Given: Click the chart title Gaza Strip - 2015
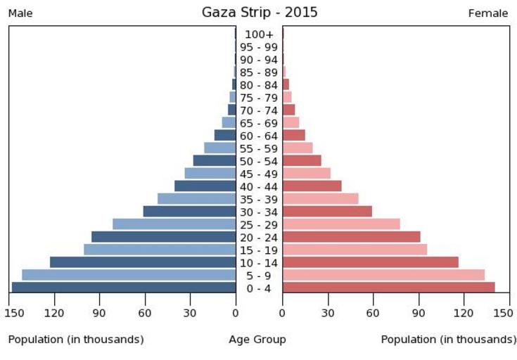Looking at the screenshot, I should (x=260, y=12).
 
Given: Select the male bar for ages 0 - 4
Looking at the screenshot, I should (x=124, y=288).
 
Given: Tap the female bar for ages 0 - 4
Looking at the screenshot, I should (x=388, y=288).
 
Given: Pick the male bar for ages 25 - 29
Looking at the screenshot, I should (x=174, y=224).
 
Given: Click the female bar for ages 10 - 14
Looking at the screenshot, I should (x=370, y=262).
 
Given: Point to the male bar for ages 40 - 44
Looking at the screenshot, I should (x=205, y=186).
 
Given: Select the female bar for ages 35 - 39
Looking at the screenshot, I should (x=320, y=199).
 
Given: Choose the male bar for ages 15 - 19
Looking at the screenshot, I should (x=160, y=250).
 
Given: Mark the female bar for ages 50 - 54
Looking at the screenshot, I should (x=302, y=161).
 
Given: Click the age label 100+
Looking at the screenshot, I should (x=259, y=34).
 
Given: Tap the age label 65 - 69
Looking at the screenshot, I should (x=259, y=123).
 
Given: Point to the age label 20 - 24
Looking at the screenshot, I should (x=259, y=238).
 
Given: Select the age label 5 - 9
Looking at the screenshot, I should (x=259, y=276).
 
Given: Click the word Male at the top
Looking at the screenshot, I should (x=20, y=13).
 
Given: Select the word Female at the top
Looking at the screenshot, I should (x=488, y=13).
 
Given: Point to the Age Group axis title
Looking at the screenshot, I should (x=257, y=340).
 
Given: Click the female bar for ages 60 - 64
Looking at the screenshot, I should (x=293, y=136).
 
